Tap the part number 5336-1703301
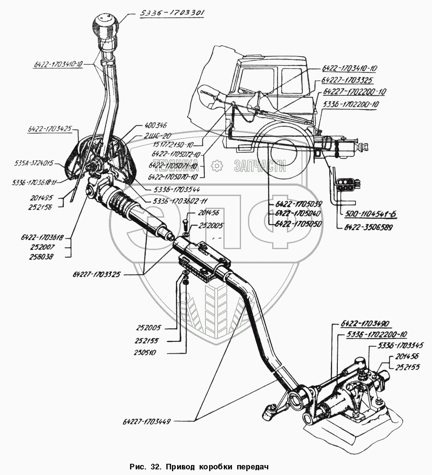pos(172,13)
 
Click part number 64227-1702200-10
pos(355,92)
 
